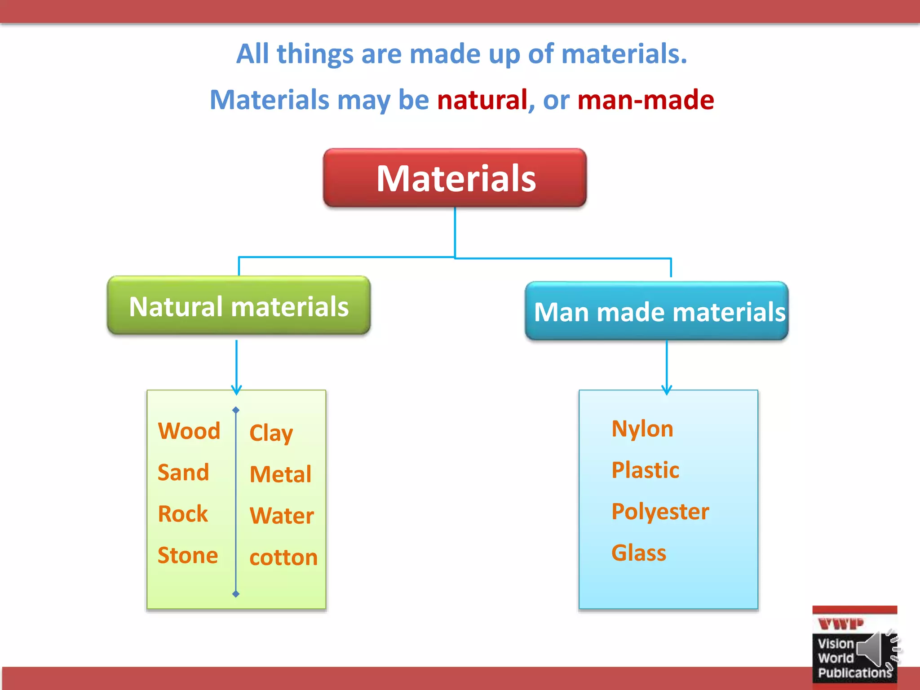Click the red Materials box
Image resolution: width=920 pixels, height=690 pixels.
pyautogui.click(x=455, y=178)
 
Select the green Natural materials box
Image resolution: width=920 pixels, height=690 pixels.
pyautogui.click(x=239, y=306)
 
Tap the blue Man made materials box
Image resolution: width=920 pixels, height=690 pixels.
pyautogui.click(x=657, y=311)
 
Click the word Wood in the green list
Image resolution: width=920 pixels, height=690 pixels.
pyautogui.click(x=189, y=431)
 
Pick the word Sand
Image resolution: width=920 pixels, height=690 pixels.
pyautogui.click(x=183, y=472)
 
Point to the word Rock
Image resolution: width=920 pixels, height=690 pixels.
pyautogui.click(x=183, y=513)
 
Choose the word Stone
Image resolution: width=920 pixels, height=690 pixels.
pyautogui.click(x=188, y=555)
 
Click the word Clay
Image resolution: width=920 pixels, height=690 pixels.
pyautogui.click(x=271, y=433)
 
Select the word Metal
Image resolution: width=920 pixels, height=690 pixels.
pyautogui.click(x=280, y=474)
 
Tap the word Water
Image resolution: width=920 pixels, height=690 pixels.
pyautogui.click(x=282, y=516)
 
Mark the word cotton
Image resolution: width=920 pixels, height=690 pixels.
pyautogui.click(x=283, y=557)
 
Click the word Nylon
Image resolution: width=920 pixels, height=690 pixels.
pyautogui.click(x=642, y=429)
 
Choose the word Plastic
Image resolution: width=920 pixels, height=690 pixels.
pyautogui.click(x=645, y=470)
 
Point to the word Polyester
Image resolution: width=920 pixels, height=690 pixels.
pyautogui.click(x=660, y=511)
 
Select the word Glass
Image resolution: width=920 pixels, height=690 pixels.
pyautogui.click(x=639, y=553)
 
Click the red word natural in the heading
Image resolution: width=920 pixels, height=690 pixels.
pyautogui.click(x=482, y=100)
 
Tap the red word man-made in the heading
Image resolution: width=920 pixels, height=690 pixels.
pyautogui.click(x=646, y=100)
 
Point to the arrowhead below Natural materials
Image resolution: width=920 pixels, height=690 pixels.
pyautogui.click(x=236, y=389)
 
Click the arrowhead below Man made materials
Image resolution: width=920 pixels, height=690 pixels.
pyautogui.click(x=667, y=389)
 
